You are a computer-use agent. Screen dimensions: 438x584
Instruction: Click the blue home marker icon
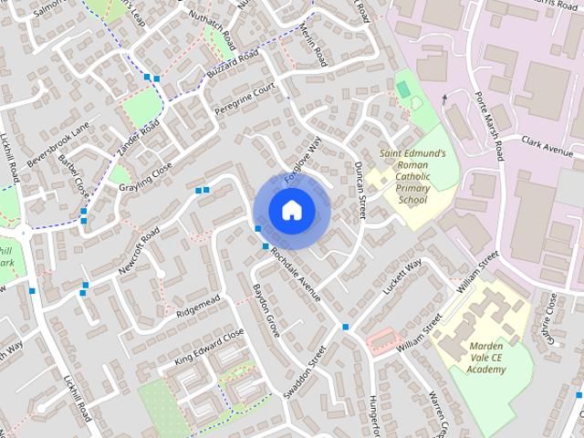coord(291,211)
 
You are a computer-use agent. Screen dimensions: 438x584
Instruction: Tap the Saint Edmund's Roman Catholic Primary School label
coord(412,177)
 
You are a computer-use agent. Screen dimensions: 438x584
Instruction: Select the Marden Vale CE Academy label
coord(487,358)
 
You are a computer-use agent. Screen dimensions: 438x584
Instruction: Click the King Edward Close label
coord(209,348)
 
